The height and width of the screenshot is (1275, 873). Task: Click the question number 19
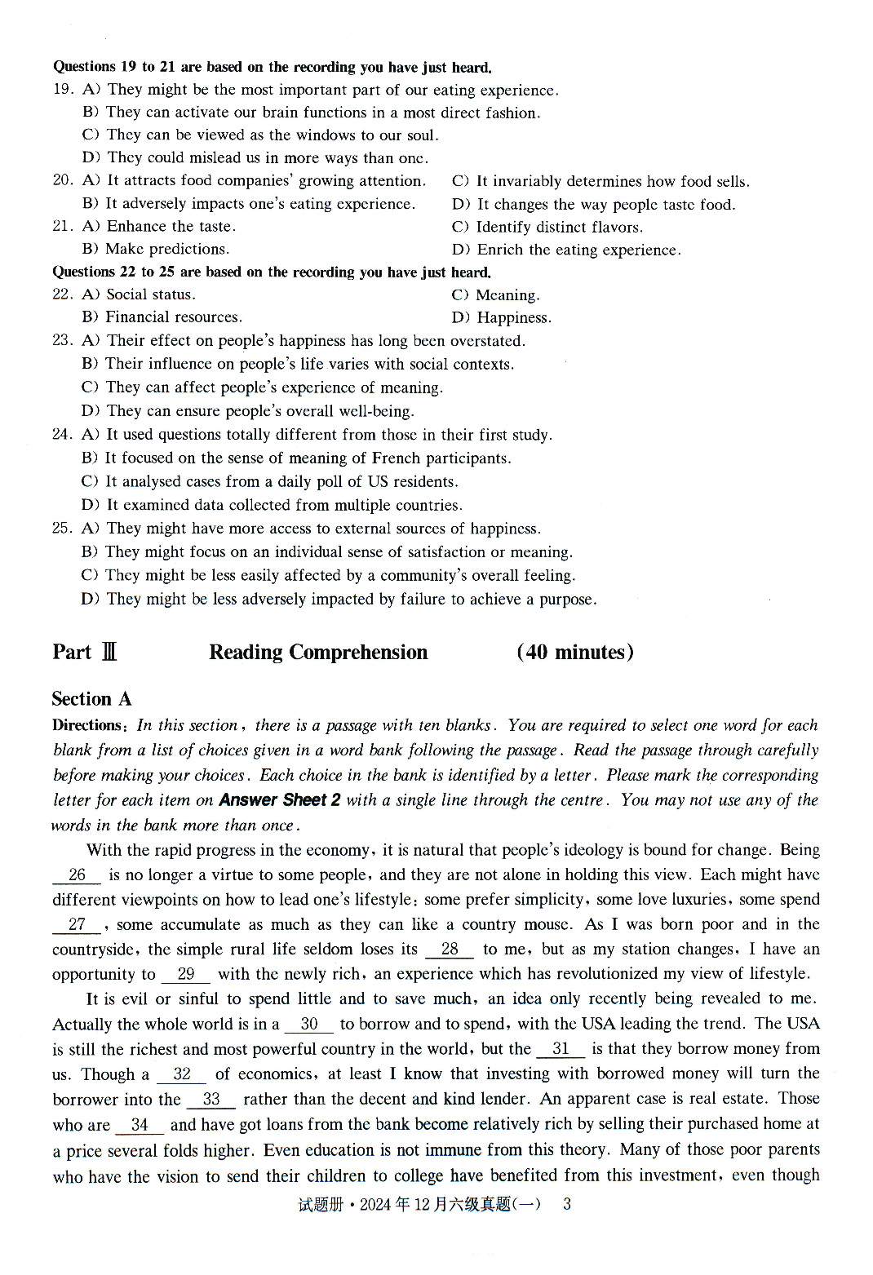(x=63, y=89)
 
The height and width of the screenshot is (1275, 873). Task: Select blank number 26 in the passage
(x=77, y=875)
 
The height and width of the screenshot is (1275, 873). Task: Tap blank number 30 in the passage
(x=308, y=1025)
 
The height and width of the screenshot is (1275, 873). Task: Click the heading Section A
(x=91, y=699)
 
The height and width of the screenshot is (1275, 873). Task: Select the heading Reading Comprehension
(x=318, y=653)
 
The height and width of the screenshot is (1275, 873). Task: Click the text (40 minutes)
(x=574, y=653)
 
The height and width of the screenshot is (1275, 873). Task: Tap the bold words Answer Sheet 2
(x=280, y=800)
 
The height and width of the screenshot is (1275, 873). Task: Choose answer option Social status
(x=150, y=294)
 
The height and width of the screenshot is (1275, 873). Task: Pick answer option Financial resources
(x=173, y=317)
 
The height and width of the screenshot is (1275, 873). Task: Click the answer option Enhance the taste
(x=171, y=227)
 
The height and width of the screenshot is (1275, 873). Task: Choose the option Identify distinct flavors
(x=559, y=228)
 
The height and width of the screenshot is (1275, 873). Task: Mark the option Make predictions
(x=166, y=250)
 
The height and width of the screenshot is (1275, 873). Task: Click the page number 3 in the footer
(x=567, y=1204)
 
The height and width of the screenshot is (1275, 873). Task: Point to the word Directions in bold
(x=86, y=725)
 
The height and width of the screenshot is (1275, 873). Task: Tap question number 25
(x=62, y=529)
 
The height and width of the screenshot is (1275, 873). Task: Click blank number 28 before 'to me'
(x=449, y=950)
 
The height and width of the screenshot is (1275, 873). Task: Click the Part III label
(x=85, y=653)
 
